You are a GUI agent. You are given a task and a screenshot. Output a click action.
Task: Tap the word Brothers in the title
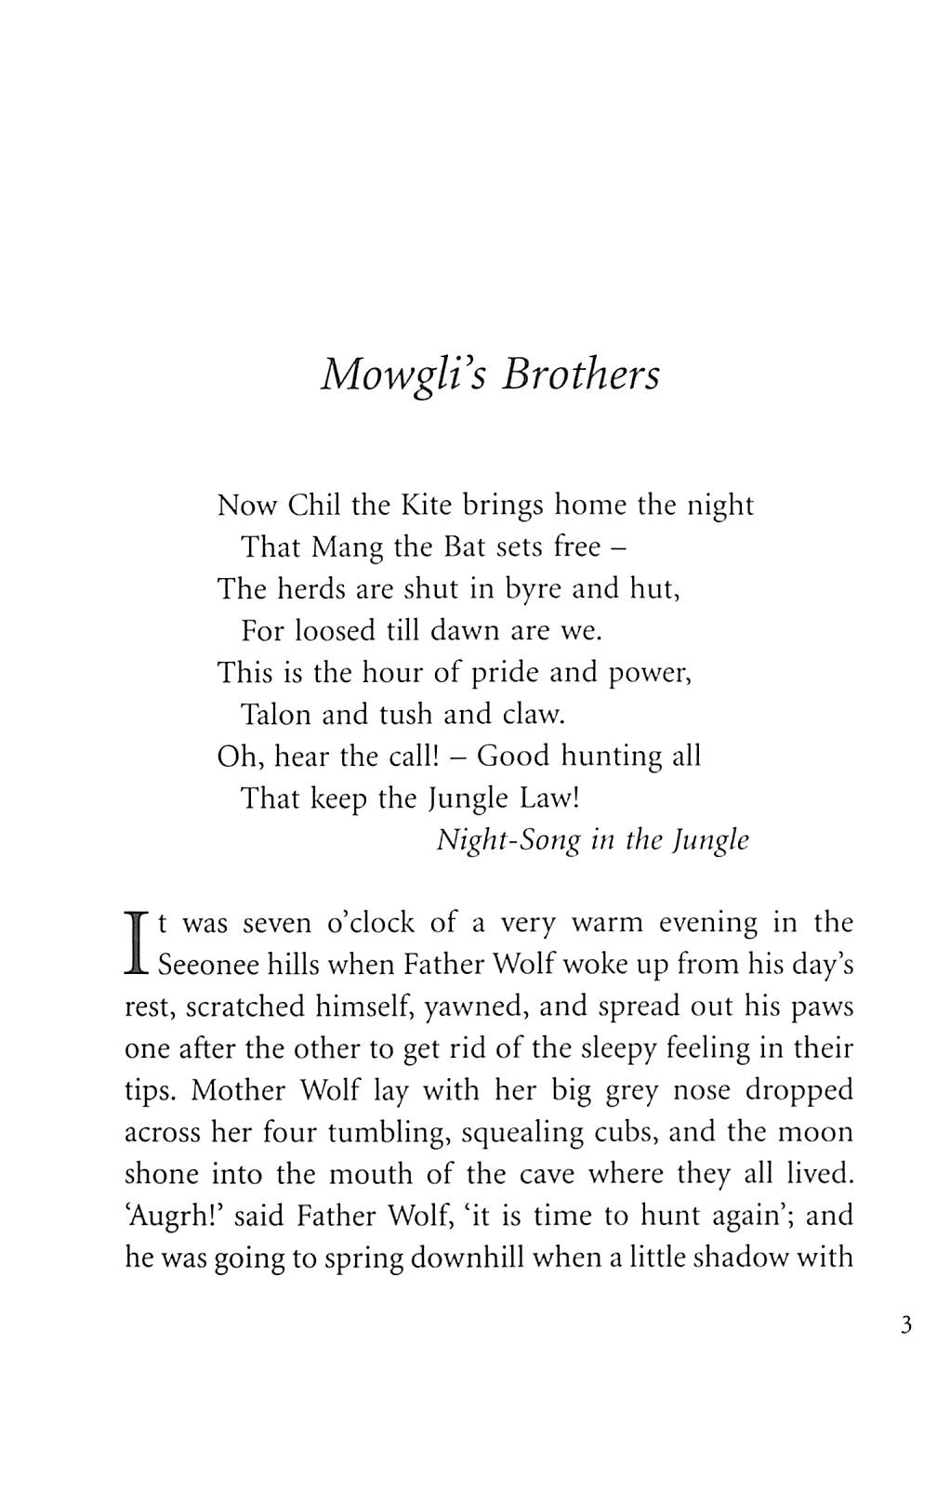[x=581, y=374]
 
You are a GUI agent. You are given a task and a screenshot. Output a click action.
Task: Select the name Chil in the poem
[x=316, y=505]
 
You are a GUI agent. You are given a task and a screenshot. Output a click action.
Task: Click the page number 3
[x=906, y=1324]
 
